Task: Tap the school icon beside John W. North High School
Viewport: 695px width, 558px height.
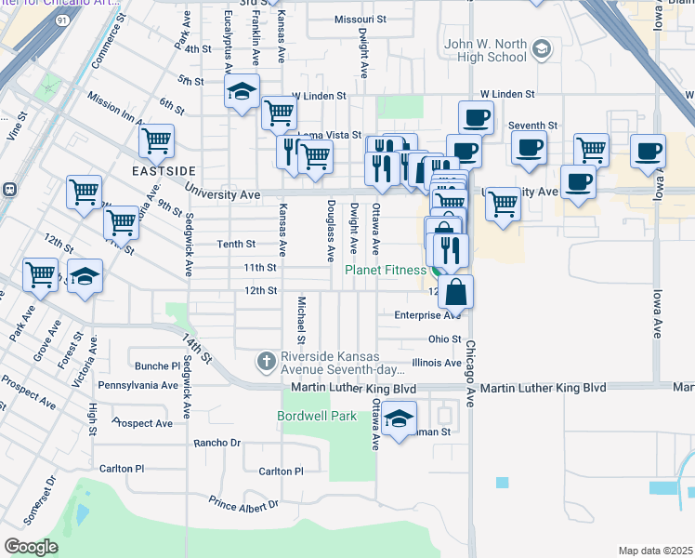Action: click(541, 48)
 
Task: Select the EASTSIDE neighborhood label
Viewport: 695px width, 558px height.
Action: click(164, 172)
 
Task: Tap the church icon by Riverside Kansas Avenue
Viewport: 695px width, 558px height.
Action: click(267, 359)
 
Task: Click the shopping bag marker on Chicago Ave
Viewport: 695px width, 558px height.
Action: click(455, 292)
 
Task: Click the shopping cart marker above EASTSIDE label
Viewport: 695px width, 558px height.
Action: click(157, 141)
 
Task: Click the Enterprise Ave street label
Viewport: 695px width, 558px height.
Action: click(427, 315)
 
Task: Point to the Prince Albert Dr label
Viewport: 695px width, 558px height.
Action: click(243, 504)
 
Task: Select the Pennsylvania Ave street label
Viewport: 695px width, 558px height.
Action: click(138, 385)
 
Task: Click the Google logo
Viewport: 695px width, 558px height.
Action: click(31, 547)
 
